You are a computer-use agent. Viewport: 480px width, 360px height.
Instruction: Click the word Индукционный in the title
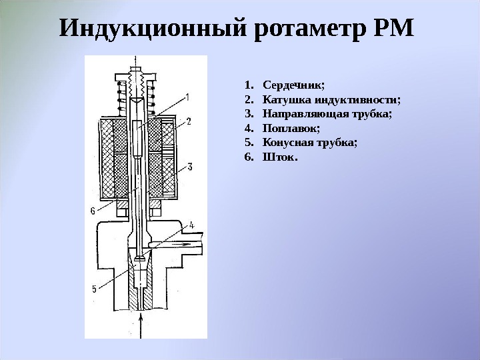(x=154, y=29)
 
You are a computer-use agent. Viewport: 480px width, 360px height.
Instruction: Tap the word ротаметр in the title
(x=311, y=29)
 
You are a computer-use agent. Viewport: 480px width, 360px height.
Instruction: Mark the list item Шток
(x=281, y=157)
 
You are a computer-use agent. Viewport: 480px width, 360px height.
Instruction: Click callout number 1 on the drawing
(x=187, y=97)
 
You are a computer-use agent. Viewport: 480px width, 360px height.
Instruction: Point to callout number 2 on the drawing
(x=189, y=121)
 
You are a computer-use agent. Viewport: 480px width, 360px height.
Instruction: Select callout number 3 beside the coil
(x=189, y=165)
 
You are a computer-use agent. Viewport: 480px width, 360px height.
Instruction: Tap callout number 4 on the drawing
(x=191, y=225)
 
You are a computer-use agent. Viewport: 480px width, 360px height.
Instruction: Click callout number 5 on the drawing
(x=94, y=289)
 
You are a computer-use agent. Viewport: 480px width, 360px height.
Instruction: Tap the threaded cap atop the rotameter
(x=139, y=81)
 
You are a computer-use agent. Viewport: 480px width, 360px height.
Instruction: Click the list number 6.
(x=248, y=157)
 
